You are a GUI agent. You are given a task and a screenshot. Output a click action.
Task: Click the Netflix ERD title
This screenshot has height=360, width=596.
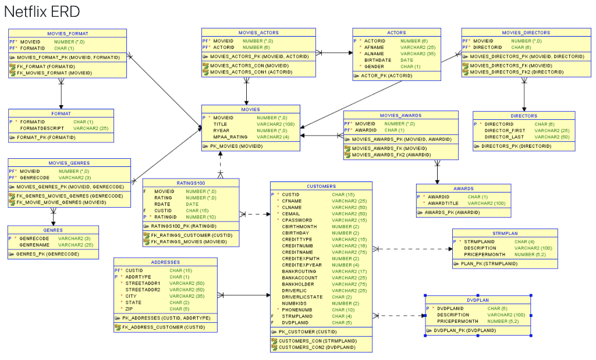tap(42, 12)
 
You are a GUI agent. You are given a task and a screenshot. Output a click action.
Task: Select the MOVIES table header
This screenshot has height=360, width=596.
tap(250, 109)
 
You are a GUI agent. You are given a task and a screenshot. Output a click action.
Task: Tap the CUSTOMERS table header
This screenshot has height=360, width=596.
tap(321, 187)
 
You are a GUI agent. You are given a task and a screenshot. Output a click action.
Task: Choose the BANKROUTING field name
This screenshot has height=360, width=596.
tap(299, 272)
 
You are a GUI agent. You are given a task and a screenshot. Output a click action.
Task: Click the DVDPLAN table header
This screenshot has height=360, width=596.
tap(477, 301)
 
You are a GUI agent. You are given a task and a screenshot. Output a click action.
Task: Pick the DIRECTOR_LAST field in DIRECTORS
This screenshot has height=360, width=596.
tap(504, 137)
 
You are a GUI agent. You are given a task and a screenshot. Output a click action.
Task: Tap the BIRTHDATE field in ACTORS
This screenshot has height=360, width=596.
tap(378, 60)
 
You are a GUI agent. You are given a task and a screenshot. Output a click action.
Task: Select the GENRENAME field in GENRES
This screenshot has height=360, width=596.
tap(34, 245)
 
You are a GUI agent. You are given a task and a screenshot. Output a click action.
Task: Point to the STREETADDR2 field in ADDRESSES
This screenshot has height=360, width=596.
tap(143, 290)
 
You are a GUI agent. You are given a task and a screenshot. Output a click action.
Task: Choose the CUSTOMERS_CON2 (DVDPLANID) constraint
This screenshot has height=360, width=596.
tap(317, 347)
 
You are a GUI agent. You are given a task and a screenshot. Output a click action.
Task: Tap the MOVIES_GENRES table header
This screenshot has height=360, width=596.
tap(69, 163)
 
